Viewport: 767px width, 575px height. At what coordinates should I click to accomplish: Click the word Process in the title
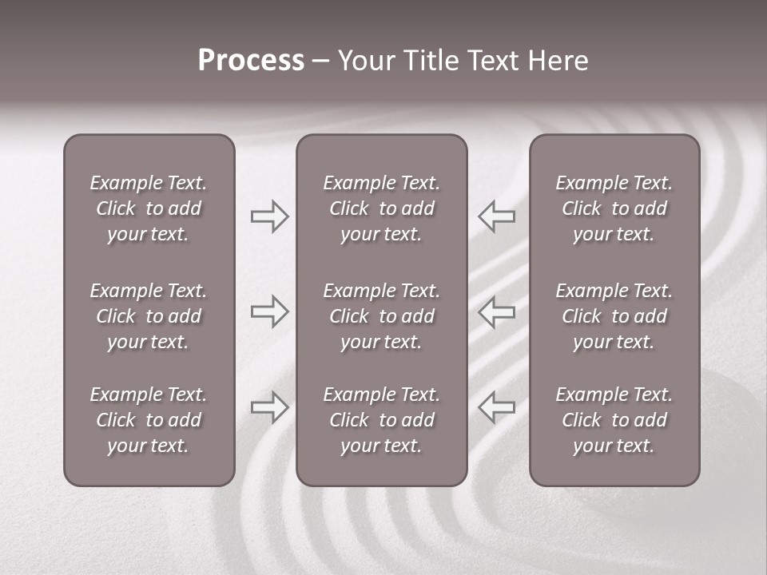tap(251, 61)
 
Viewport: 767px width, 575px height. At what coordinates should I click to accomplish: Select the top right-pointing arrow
tap(269, 216)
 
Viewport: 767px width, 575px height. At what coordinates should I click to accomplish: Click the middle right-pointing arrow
tap(269, 311)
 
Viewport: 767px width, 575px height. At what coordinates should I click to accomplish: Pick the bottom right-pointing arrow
tap(269, 407)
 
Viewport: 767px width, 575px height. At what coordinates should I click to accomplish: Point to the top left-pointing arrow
tap(497, 216)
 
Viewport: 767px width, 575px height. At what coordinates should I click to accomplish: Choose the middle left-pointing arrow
tap(497, 311)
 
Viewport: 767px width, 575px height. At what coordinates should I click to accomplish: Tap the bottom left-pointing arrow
tap(497, 407)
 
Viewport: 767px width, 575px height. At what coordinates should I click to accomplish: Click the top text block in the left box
tap(149, 208)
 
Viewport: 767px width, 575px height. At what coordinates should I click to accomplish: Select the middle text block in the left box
tap(149, 316)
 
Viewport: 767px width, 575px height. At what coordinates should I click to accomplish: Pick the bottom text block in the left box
tap(149, 420)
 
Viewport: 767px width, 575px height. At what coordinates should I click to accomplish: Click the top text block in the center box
tap(382, 208)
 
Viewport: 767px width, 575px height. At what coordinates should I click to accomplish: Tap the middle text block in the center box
tap(382, 316)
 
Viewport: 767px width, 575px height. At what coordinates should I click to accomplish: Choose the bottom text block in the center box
tap(382, 420)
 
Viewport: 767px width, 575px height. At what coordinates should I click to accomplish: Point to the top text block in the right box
tap(614, 208)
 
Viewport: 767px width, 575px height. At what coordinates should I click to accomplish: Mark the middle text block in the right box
tap(614, 316)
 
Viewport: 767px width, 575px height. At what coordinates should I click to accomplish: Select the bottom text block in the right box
tap(614, 420)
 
